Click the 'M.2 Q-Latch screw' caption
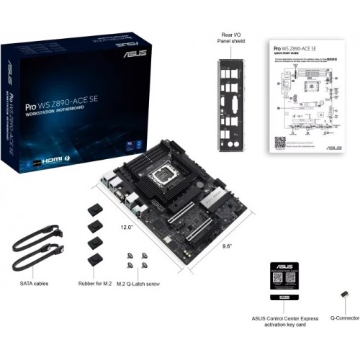[x=138, y=284]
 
